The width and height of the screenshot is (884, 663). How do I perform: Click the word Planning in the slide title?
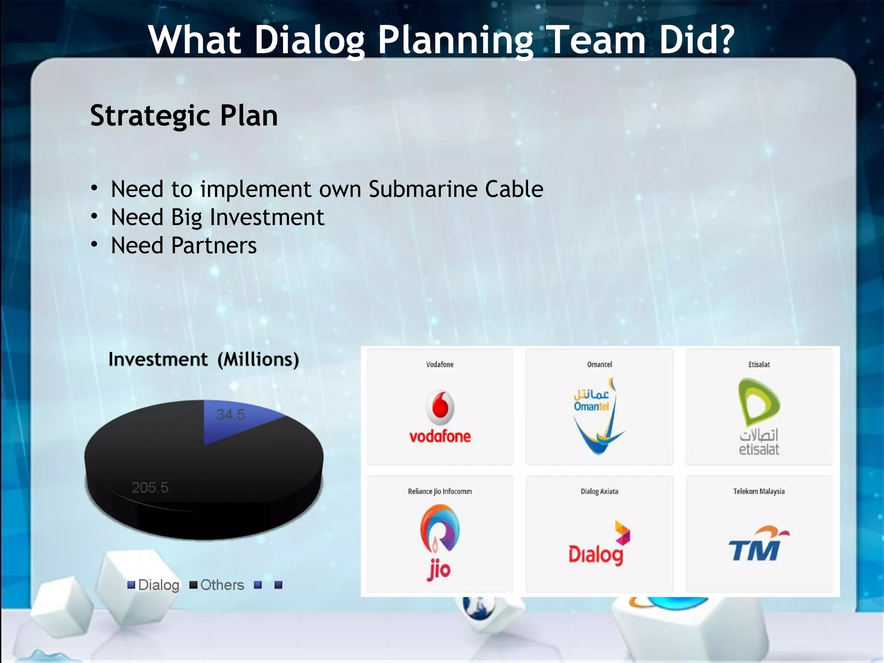tap(456, 40)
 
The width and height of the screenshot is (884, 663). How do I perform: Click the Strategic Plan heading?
tap(184, 116)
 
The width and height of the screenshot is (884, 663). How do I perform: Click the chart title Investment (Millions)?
tap(203, 360)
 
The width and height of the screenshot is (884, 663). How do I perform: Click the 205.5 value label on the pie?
tap(150, 488)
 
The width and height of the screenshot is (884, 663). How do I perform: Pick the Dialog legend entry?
tap(154, 585)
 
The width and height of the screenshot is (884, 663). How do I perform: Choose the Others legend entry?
tap(217, 585)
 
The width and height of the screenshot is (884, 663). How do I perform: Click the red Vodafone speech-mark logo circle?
tap(440, 407)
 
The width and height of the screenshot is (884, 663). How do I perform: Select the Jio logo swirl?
tap(439, 529)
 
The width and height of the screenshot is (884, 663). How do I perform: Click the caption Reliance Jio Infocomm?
tap(439, 491)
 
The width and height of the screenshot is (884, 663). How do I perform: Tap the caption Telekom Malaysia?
tap(759, 491)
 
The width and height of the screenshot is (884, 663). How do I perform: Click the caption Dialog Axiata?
tap(599, 491)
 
